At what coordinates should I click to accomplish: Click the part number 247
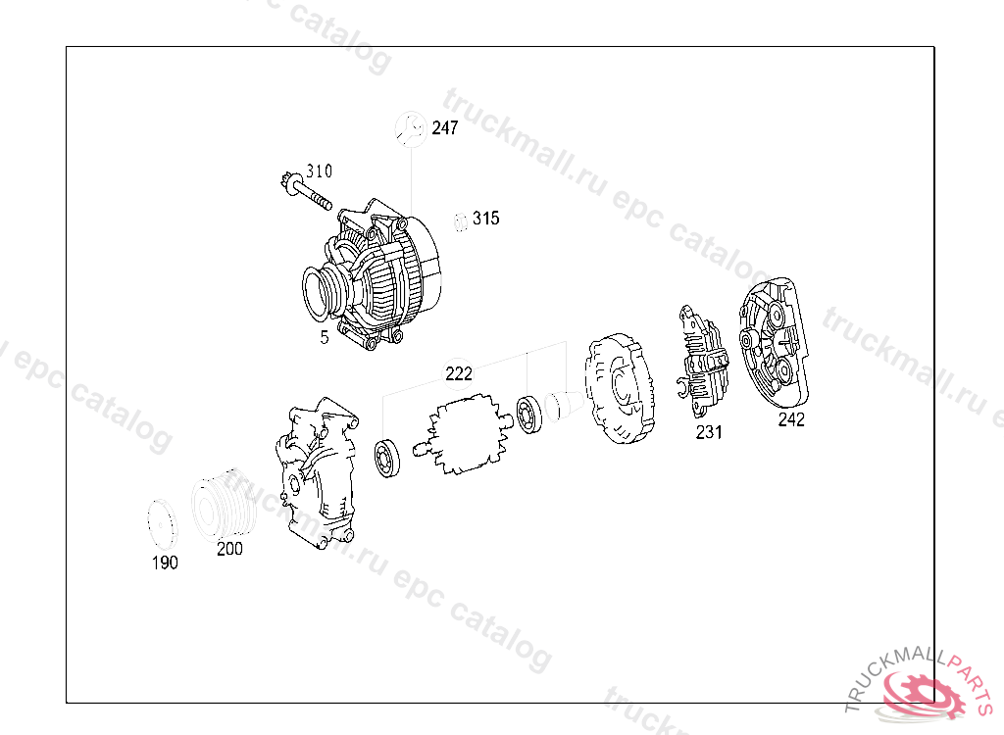[x=444, y=128]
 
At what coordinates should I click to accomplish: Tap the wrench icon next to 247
[x=411, y=129]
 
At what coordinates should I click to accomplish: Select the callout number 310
[x=319, y=171]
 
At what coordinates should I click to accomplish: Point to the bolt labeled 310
[x=307, y=191]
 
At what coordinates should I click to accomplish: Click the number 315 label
[x=486, y=219]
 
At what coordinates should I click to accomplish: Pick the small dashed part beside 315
[x=461, y=221]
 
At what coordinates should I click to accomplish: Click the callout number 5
[x=325, y=337]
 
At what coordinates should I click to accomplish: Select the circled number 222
[x=459, y=373]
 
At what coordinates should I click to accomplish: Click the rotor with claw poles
[x=463, y=434]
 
